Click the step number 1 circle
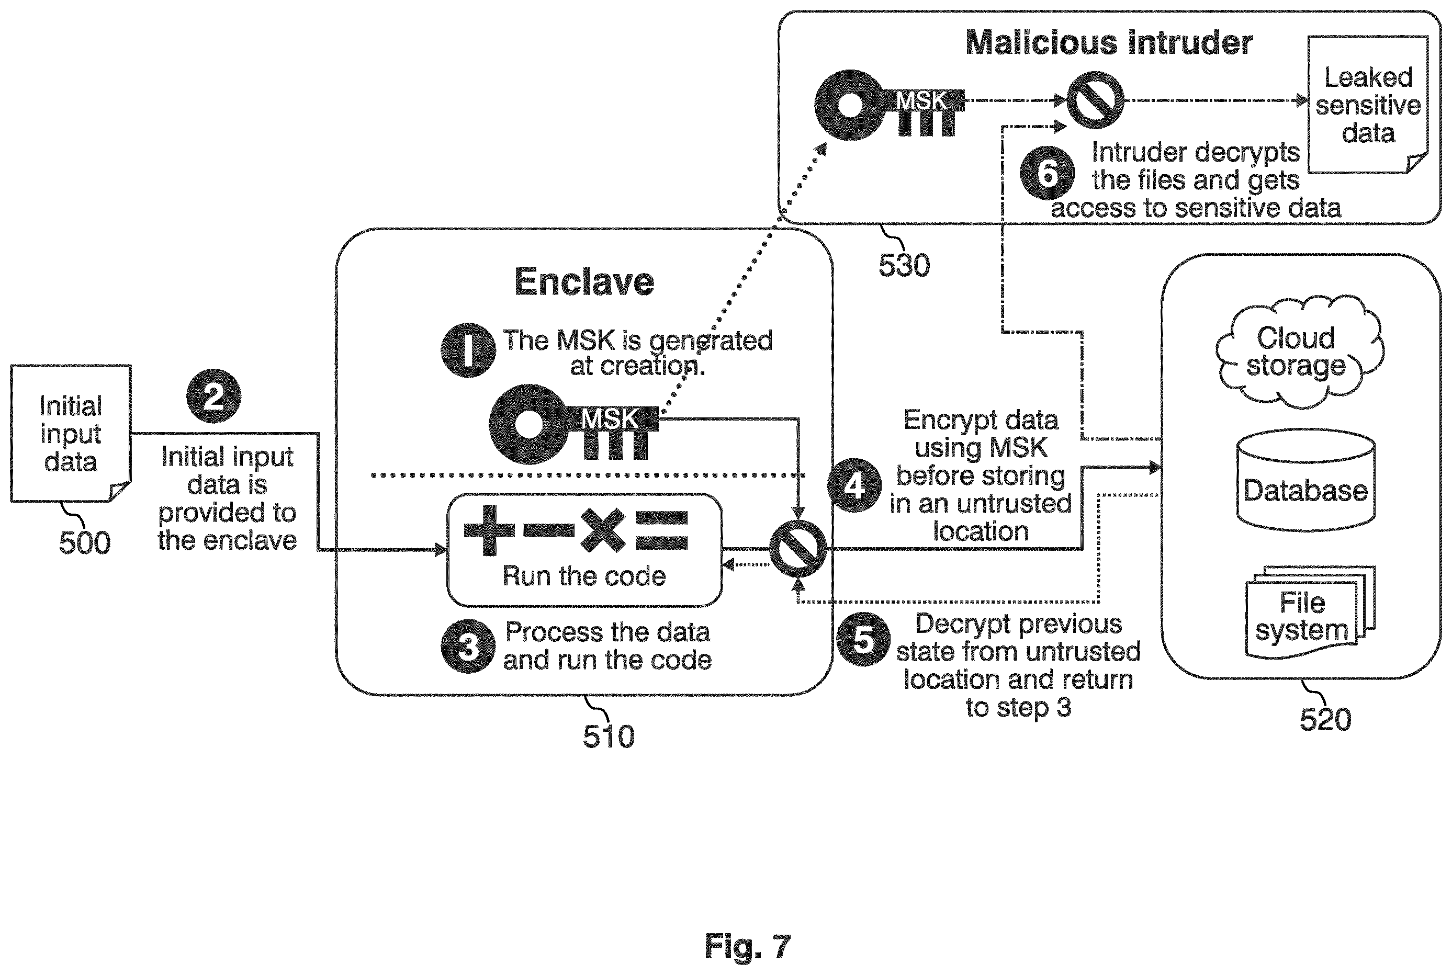point(468,350)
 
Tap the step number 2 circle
point(213,396)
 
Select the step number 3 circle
point(468,647)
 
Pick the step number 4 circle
point(854,485)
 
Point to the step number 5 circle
point(863,639)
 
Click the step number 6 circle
point(1047,173)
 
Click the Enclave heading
point(584,282)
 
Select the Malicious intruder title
point(1109,43)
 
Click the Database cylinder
point(1306,480)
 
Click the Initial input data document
point(71,434)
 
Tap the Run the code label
point(584,576)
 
